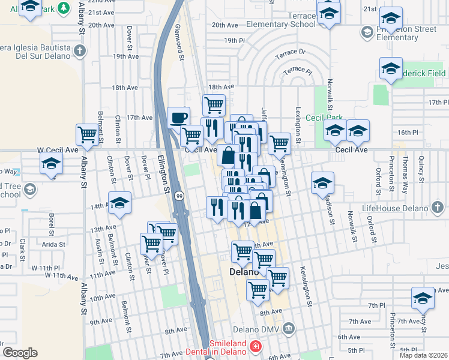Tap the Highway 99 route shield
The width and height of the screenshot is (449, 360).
(x=179, y=196)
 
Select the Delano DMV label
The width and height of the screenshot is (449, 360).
(x=260, y=328)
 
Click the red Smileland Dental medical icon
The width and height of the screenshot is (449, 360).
(x=256, y=346)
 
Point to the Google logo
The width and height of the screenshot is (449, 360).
(x=20, y=353)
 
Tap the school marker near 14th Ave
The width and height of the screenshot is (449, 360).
(x=119, y=202)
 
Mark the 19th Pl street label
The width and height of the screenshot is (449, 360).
(x=231, y=40)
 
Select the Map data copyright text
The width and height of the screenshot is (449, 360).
(x=423, y=355)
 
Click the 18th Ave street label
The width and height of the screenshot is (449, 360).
(x=125, y=88)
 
